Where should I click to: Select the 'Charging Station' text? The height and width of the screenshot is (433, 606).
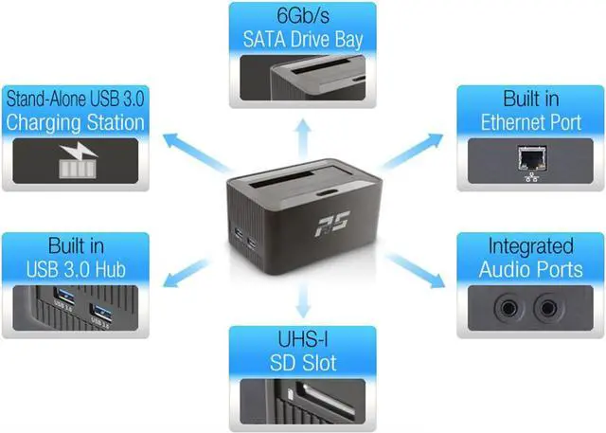76,122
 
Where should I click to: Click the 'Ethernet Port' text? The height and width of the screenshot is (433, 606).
530,122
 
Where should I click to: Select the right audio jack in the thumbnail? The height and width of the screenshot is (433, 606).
547,306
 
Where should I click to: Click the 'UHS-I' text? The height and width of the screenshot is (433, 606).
302,339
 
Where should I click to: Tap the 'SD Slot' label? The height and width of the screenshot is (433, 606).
302,362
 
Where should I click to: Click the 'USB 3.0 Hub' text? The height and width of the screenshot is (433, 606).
76,269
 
